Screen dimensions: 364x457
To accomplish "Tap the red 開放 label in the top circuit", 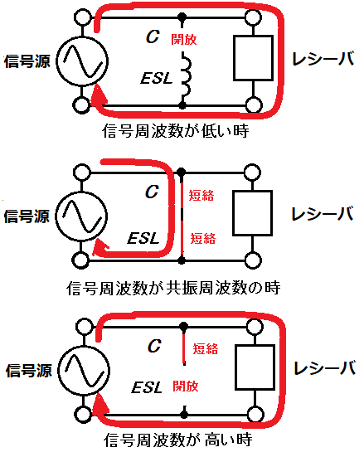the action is click(x=184, y=39).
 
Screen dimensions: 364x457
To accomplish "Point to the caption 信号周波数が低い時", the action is click(x=176, y=131).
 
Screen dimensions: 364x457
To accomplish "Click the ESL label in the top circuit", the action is click(x=157, y=78).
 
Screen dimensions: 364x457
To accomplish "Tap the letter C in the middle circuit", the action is click(x=152, y=192).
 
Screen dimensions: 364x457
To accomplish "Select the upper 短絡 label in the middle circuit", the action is click(x=201, y=195).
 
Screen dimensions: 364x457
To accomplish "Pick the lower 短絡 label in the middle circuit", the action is click(x=203, y=238).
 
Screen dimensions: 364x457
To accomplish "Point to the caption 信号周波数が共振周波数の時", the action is click(x=173, y=289).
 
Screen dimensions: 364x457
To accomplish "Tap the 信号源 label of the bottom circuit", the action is click(x=28, y=371).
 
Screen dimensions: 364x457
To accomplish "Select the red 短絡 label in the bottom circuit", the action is click(x=206, y=348).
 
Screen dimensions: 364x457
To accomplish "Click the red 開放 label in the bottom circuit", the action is click(x=186, y=386).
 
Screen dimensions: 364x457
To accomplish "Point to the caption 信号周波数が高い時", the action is click(x=177, y=440).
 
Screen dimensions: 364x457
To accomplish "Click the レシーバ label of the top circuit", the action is click(x=323, y=59).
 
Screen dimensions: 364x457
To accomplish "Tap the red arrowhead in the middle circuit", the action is click(x=99, y=248).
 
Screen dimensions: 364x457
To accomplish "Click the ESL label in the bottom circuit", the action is click(x=146, y=387).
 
